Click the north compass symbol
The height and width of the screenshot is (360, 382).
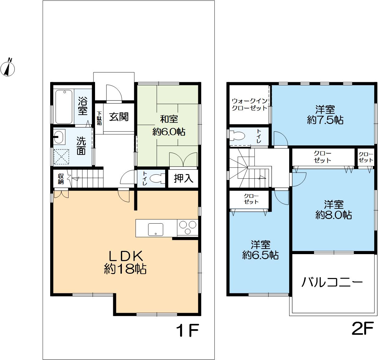(7, 68)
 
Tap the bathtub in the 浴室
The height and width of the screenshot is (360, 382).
(64, 107)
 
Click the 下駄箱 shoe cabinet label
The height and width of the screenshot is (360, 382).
(99, 118)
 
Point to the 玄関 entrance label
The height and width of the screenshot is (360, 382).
(119, 117)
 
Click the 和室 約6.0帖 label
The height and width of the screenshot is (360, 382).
(169, 126)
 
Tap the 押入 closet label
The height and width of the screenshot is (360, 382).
(184, 178)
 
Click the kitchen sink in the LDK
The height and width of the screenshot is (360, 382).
(155, 230)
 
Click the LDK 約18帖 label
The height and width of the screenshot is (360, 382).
(125, 262)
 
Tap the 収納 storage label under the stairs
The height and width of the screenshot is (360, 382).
(61, 179)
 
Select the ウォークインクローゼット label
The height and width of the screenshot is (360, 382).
(250, 104)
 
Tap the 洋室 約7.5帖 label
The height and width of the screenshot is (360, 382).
(325, 115)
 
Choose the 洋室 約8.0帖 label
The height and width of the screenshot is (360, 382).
(334, 210)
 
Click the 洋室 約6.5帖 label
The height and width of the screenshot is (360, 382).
(260, 250)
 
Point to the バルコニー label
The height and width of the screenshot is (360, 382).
(332, 282)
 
